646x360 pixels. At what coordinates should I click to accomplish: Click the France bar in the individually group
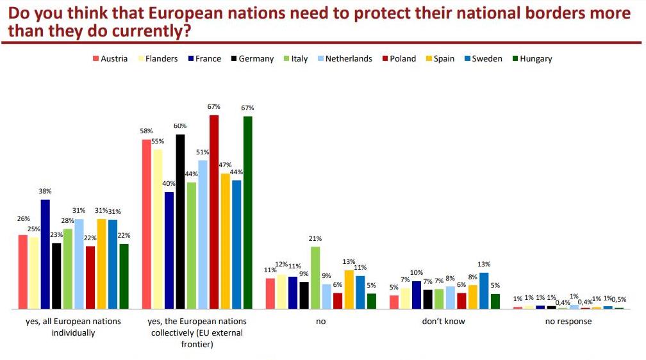(45, 254)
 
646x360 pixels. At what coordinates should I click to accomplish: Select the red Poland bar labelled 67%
(214, 212)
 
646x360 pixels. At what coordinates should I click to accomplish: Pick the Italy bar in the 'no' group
(315, 278)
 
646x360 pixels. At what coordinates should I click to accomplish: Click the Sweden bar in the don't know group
(484, 291)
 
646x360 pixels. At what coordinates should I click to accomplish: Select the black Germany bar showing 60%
(180, 222)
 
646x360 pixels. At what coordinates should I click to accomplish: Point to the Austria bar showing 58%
(147, 224)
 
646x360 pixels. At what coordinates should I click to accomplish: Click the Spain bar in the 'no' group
(349, 290)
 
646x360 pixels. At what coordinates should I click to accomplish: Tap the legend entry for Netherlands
(348, 58)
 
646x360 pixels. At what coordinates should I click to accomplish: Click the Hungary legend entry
(536, 58)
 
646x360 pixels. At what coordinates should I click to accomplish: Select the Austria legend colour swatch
(96, 58)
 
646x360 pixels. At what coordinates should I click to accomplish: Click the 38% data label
(45, 191)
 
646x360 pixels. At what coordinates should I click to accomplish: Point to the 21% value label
(315, 238)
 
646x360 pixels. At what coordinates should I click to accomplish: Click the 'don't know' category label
(443, 321)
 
